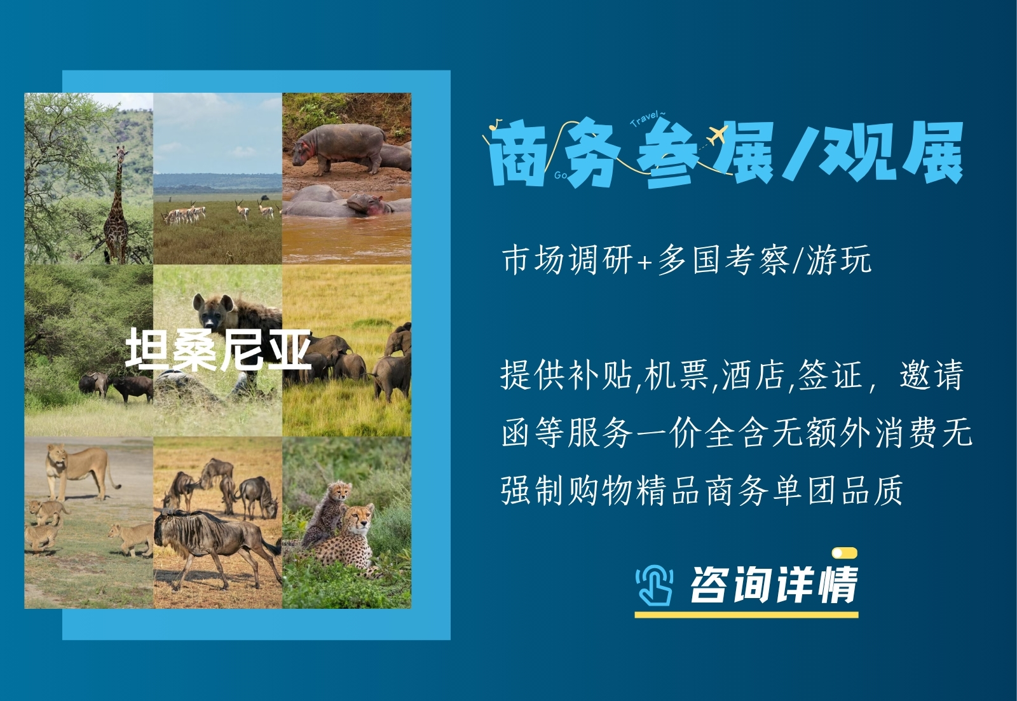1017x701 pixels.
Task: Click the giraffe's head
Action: coord(121,154)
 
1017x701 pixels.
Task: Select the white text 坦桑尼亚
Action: coord(218,349)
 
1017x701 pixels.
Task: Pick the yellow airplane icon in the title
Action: coord(718,135)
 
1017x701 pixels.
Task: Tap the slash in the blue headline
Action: coord(797,154)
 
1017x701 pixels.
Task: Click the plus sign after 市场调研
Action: coord(645,261)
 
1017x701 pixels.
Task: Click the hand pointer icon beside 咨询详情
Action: coord(654,584)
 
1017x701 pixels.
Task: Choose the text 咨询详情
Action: coord(774,585)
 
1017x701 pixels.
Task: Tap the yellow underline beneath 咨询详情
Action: coord(746,615)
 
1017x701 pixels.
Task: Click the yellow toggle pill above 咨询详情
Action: coord(845,553)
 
